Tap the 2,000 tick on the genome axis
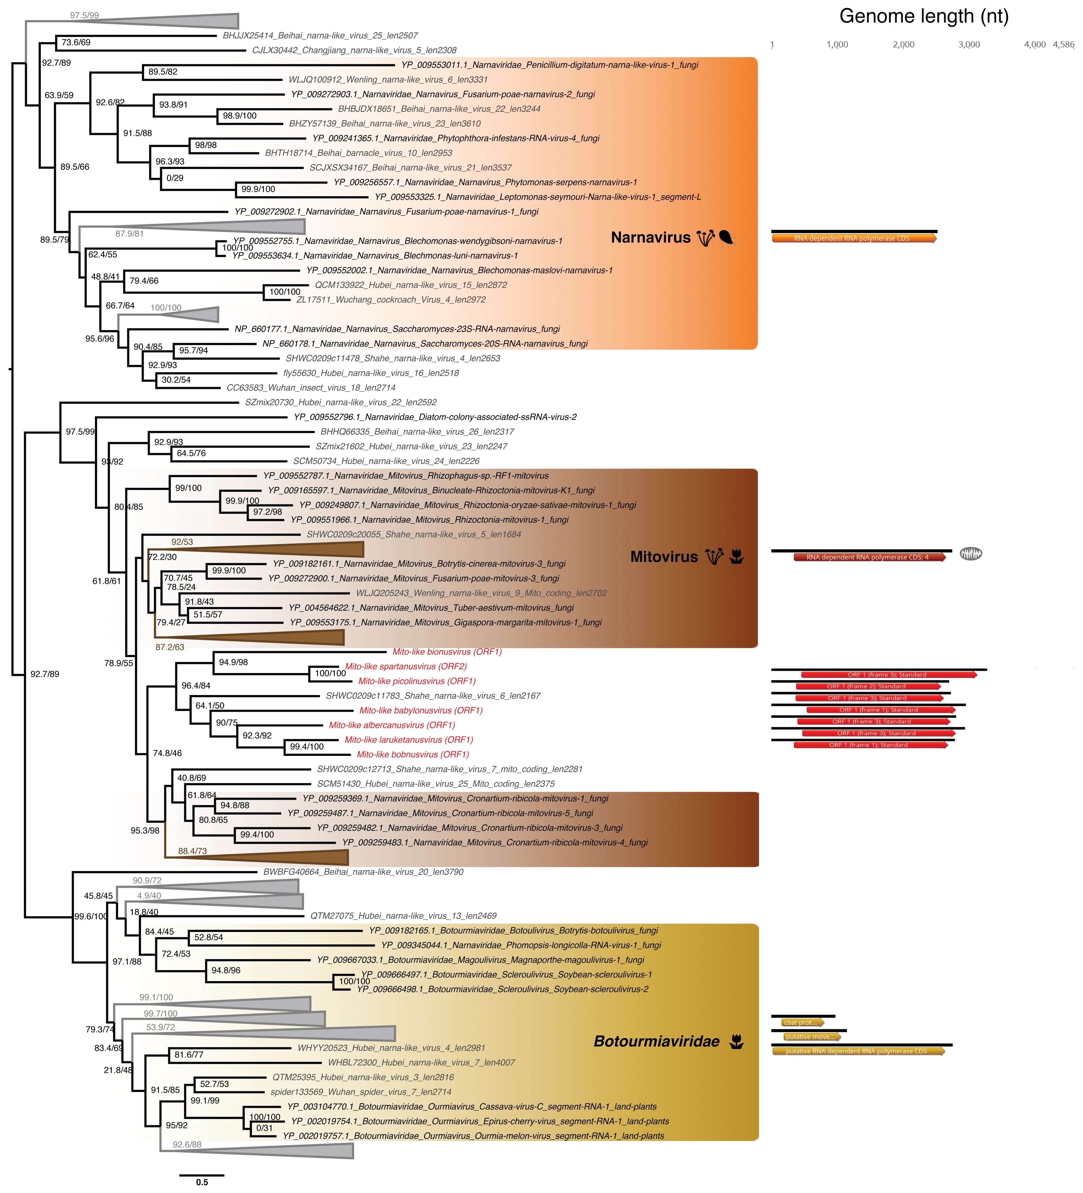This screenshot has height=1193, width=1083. tap(903, 44)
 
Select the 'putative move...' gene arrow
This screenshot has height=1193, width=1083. tap(810, 1037)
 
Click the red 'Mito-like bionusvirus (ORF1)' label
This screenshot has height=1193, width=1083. tap(447, 651)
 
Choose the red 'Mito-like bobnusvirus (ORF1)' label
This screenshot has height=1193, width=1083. tap(413, 754)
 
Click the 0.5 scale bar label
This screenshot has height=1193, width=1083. tap(202, 1182)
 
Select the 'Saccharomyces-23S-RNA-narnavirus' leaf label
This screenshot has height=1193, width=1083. tap(397, 329)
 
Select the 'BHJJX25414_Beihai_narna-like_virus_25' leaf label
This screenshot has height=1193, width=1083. tap(320, 36)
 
